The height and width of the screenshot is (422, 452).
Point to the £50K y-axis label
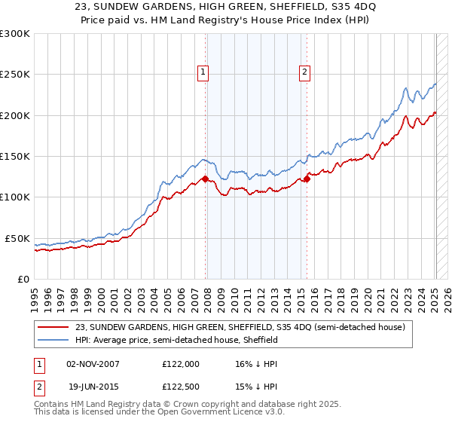coord(17,238)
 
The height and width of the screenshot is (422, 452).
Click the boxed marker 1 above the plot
coord(203,72)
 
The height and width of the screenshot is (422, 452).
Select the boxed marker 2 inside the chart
coord(304,72)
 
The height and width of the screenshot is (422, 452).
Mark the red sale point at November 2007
coord(205,179)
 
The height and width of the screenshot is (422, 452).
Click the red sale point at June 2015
coord(307,179)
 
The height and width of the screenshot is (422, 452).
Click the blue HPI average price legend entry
coord(176,341)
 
